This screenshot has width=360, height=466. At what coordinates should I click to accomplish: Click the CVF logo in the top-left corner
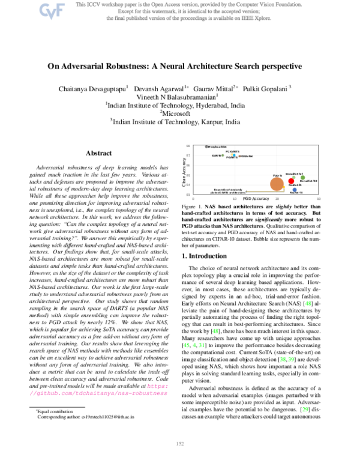(50, 10)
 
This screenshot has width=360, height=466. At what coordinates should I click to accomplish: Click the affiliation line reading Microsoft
(179, 112)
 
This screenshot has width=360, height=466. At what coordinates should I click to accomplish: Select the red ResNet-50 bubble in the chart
(291, 180)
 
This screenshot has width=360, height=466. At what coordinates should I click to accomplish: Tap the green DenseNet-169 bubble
(304, 177)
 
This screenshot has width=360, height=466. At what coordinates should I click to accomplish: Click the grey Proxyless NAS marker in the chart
(206, 146)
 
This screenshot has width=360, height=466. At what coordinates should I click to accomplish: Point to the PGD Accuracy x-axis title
(255, 198)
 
